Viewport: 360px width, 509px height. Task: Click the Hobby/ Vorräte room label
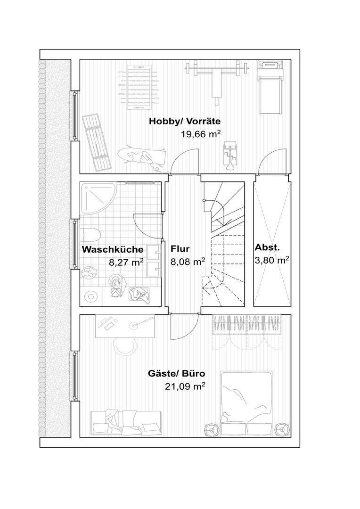pos(185,122)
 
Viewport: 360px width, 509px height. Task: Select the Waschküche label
pos(113,249)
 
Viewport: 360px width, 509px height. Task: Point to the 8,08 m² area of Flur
pos(188,262)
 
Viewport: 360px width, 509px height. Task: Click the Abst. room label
pos(267,247)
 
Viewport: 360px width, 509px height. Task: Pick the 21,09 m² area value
pos(185,386)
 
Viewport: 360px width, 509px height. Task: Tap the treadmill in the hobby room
pos(269,87)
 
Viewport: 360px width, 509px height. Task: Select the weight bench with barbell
pos(216,81)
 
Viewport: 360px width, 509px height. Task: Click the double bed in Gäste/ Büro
pos(246,404)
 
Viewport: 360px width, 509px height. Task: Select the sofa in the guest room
pos(126,423)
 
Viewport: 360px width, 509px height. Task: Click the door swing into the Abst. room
pos(272,161)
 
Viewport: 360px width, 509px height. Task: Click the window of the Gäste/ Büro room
pos(75,376)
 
